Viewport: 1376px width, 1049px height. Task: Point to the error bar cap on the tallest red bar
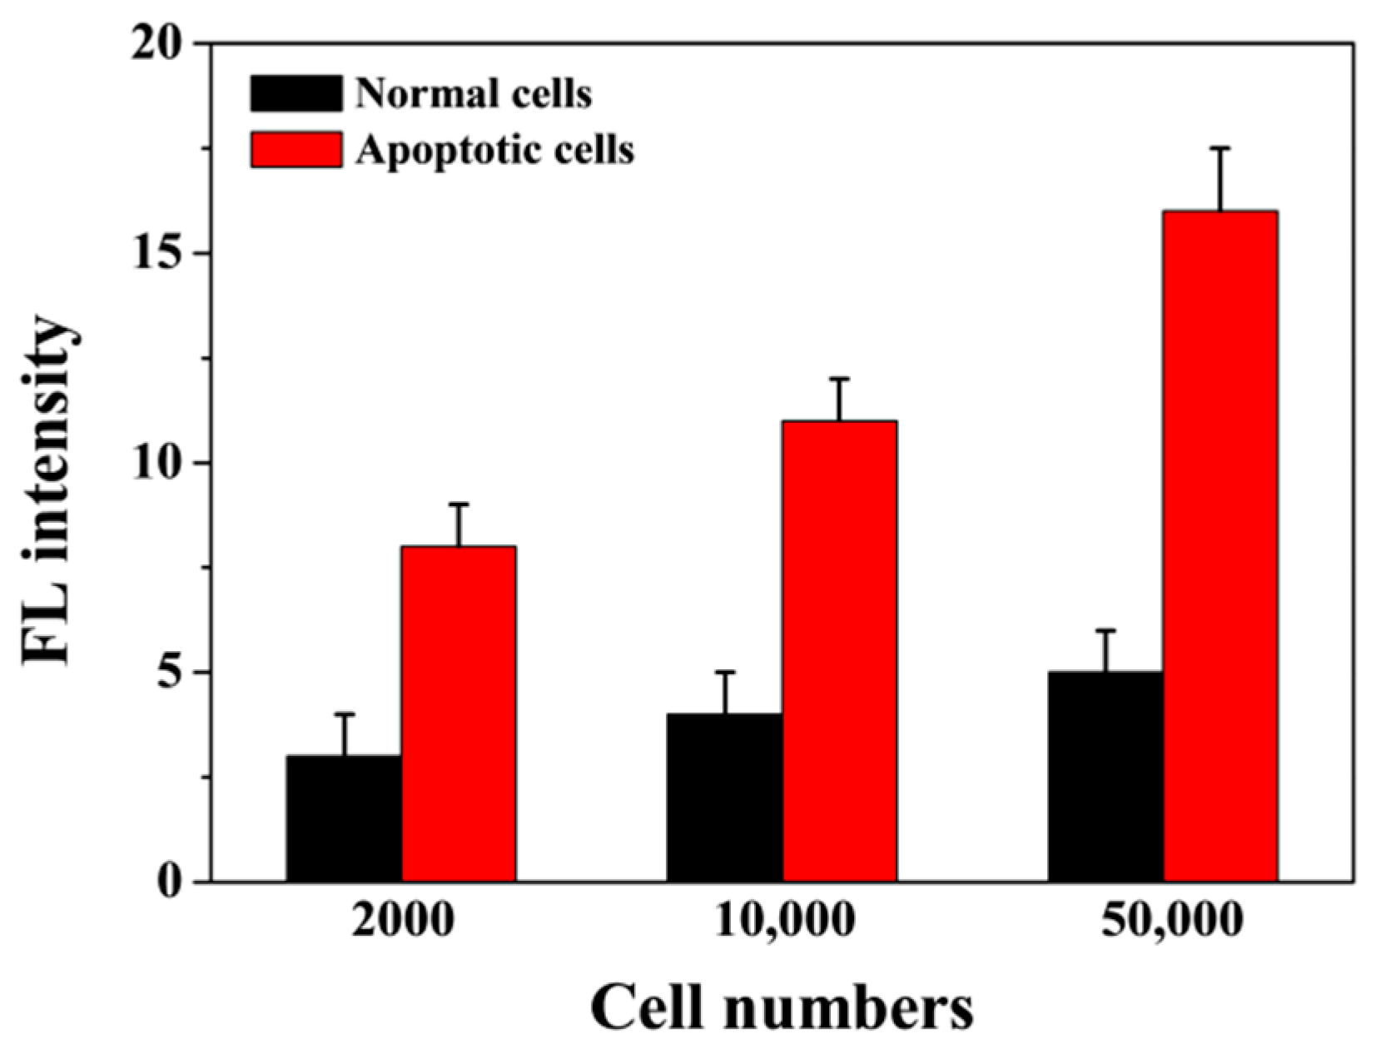[1220, 148]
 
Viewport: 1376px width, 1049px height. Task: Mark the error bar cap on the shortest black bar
[345, 714]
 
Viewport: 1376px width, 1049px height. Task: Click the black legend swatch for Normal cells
[296, 93]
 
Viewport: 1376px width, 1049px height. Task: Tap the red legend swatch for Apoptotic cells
[296, 150]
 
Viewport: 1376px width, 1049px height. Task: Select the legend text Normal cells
[473, 94]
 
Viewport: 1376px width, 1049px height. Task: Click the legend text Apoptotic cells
[494, 150]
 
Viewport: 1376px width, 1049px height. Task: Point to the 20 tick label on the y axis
[162, 43]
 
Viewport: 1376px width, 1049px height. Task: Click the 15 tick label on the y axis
[162, 253]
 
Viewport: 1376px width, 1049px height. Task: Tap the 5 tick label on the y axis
[173, 672]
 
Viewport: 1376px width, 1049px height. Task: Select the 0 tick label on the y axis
[173, 882]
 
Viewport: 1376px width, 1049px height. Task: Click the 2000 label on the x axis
[403, 922]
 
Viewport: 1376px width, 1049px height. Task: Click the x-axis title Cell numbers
[781, 1009]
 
